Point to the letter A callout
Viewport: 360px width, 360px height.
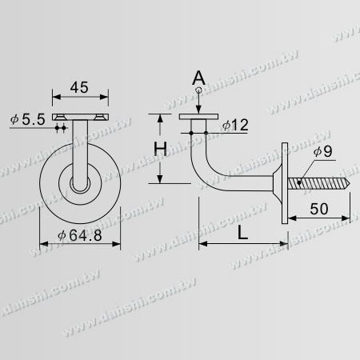[198, 78]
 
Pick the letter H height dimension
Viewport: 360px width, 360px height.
[161, 149]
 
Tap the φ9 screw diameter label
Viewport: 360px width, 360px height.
[320, 153]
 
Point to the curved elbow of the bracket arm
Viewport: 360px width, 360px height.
[200, 164]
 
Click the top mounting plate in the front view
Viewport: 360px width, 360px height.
[79, 118]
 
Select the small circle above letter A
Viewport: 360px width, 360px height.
[198, 90]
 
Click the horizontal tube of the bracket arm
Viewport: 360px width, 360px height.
[244, 182]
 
